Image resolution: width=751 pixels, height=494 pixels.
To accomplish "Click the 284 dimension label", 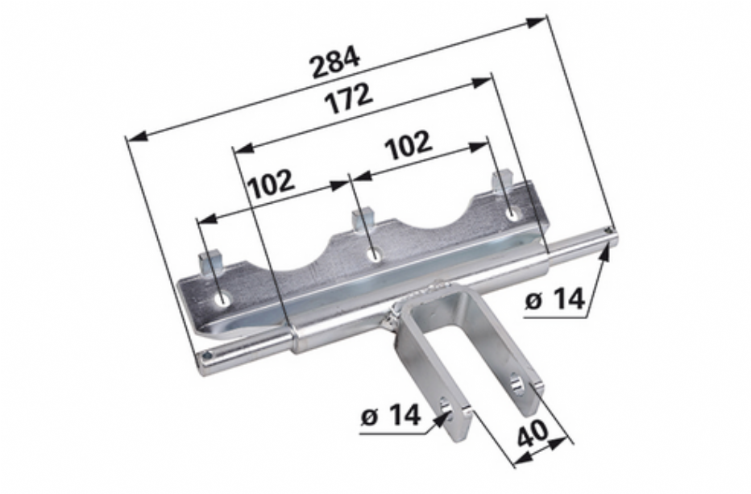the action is pyautogui.click(x=334, y=61).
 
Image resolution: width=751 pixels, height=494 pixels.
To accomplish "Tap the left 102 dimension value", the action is pyautogui.click(x=271, y=184).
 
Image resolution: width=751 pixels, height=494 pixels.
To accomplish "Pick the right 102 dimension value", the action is pyautogui.click(x=409, y=145).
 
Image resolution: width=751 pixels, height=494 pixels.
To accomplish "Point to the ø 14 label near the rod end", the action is pyautogui.click(x=554, y=301).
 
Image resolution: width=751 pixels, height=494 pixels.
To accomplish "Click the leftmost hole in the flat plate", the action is pyautogui.click(x=222, y=300).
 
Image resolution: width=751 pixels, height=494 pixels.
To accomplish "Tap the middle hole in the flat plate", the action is pyautogui.click(x=374, y=255).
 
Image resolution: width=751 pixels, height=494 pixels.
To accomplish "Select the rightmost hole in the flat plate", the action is pyautogui.click(x=512, y=214).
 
